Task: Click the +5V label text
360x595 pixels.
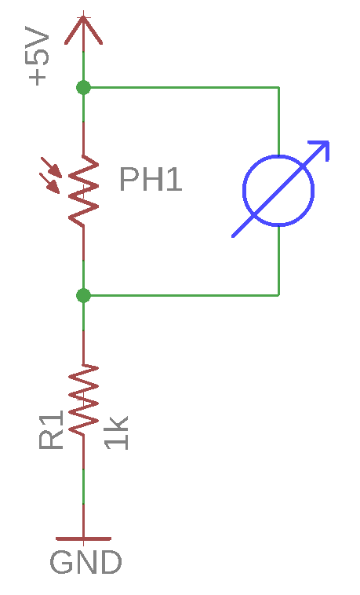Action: point(37,56)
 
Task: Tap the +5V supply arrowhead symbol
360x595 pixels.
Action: point(83,31)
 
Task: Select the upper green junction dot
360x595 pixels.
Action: point(83,88)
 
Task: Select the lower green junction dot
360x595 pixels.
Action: point(83,295)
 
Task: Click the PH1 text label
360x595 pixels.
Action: point(151,179)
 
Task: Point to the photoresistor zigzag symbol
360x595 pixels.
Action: point(83,191)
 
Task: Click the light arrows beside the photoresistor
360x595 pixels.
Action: point(50,175)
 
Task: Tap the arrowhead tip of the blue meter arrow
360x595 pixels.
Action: point(329,142)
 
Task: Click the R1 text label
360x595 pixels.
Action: point(51,430)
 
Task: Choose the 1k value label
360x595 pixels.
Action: point(117,433)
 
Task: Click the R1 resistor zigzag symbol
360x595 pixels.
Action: point(83,400)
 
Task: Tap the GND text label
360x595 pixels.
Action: point(85,562)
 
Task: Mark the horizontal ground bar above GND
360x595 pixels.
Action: point(83,538)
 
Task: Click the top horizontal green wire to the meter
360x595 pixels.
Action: point(181,88)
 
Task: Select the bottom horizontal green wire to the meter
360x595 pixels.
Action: point(181,295)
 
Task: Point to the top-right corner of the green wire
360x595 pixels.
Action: point(279,88)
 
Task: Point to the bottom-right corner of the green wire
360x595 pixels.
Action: point(279,295)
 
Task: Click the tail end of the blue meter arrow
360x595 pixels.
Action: point(232,237)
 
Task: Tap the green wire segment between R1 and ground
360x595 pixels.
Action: point(83,487)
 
